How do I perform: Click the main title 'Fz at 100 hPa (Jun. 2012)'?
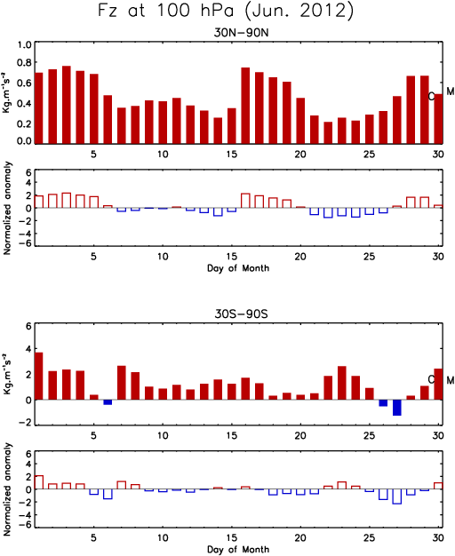tap(226, 11)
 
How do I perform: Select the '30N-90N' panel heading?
tap(241, 33)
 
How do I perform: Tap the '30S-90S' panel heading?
tap(241, 314)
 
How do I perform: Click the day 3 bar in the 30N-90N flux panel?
tap(67, 105)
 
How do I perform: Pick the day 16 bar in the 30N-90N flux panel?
tap(245, 106)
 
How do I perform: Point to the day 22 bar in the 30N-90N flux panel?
tap(328, 132)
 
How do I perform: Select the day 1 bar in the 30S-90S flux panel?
tap(39, 376)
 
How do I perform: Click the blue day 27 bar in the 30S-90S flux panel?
tap(397, 408)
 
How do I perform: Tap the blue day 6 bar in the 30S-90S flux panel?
tap(108, 402)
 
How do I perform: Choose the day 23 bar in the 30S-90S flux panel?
tap(342, 383)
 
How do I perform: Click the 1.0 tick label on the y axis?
tap(25, 44)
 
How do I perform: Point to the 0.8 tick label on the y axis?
tap(25, 63)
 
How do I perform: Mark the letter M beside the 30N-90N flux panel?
tap(450, 91)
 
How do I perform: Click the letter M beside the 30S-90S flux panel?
tap(450, 380)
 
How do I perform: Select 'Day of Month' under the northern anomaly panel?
tap(238, 268)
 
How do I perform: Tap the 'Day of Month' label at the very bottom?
tap(238, 549)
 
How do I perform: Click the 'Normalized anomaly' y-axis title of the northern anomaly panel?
tap(7, 208)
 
